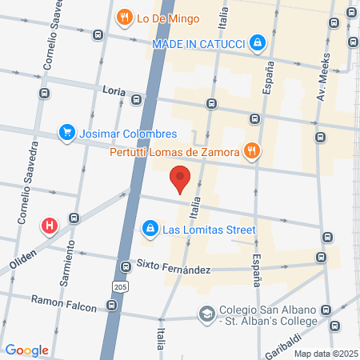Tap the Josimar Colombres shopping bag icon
(67, 134)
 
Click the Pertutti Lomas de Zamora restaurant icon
(253, 150)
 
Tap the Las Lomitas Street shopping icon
(149, 230)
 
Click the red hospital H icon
(50, 226)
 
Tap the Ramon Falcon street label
(64, 301)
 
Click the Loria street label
(114, 92)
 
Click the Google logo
(26, 350)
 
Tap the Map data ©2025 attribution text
(324, 354)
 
